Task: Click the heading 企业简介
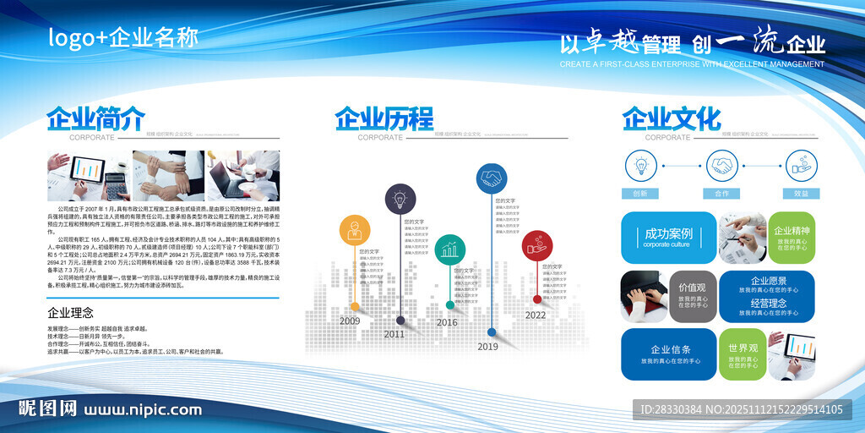(95, 118)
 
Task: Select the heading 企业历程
(384, 118)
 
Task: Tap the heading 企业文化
(672, 118)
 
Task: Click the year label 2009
(350, 321)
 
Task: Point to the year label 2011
(394, 334)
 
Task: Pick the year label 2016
(447, 322)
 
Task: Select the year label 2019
(487, 346)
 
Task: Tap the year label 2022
(536, 315)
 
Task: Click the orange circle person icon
(355, 231)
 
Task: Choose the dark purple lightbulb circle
(400, 199)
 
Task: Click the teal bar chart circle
(450, 249)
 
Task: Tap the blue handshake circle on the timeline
(491, 178)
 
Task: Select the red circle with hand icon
(536, 245)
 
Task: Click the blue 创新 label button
(639, 194)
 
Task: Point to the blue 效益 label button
(801, 194)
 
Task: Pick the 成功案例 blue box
(668, 237)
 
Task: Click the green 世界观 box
(742, 354)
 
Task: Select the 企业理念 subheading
(71, 313)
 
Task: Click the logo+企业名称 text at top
(123, 38)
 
